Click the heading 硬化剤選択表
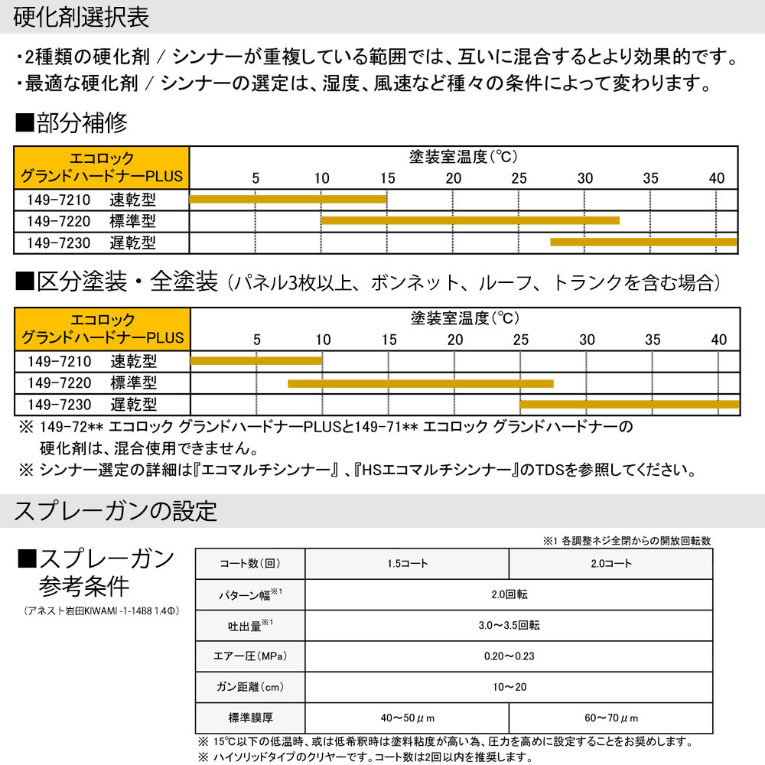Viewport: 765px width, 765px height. [82, 17]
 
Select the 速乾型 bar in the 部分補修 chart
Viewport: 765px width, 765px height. [288, 199]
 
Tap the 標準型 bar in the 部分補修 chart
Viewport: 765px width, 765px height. [470, 220]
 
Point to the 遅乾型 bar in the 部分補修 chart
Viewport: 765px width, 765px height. [643, 242]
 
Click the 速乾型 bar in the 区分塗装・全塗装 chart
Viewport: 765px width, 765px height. [256, 360]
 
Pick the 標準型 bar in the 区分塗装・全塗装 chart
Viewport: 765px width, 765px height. [420, 382]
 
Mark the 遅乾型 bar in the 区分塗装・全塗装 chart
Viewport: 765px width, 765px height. [629, 404]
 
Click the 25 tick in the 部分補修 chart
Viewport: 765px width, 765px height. [519, 178]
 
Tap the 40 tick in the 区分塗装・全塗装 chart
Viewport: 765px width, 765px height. [719, 339]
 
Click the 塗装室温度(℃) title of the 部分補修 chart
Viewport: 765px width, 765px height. [464, 157]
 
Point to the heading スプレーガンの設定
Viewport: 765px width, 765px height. [116, 510]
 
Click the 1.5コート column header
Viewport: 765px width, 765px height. [407, 564]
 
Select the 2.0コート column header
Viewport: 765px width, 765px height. [610, 564]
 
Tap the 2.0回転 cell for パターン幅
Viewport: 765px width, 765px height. [508, 594]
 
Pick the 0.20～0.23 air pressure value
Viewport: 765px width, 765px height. [508, 656]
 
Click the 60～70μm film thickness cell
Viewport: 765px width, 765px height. [610, 718]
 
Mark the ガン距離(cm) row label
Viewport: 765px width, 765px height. [250, 687]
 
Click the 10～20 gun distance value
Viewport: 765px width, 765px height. [508, 687]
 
